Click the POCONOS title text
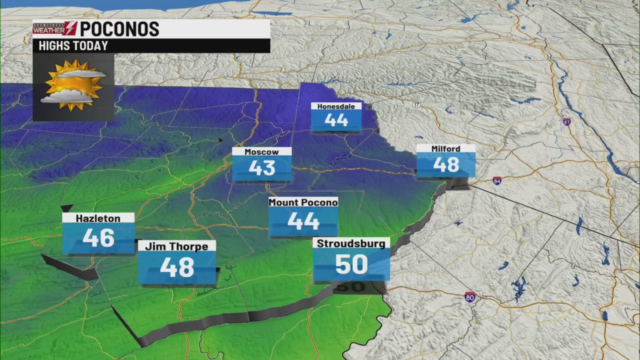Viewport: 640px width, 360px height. [x=119, y=29]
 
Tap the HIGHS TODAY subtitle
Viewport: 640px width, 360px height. [x=73, y=46]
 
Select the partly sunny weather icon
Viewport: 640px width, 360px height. [x=73, y=84]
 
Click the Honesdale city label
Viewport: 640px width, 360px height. [x=336, y=106]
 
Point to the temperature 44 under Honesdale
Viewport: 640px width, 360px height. [x=336, y=120]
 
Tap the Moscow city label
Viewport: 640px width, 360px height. [x=261, y=151]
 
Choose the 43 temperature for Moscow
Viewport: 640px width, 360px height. [x=261, y=168]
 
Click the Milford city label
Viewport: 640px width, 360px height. [x=446, y=148]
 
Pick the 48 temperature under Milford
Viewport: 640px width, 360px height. [x=446, y=164]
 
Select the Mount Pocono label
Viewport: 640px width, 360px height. [x=303, y=202]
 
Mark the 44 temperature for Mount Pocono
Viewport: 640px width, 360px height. [x=303, y=221]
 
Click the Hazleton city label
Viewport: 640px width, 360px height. [x=98, y=218]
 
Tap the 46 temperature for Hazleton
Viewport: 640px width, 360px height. [x=98, y=238]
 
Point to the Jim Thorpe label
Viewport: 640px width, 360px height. [x=176, y=246]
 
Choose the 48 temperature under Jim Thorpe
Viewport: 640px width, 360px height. [x=176, y=267]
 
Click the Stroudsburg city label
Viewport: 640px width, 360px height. [x=351, y=243]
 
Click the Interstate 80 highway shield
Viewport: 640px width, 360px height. [x=469, y=296]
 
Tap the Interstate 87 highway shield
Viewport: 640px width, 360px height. [x=566, y=122]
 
